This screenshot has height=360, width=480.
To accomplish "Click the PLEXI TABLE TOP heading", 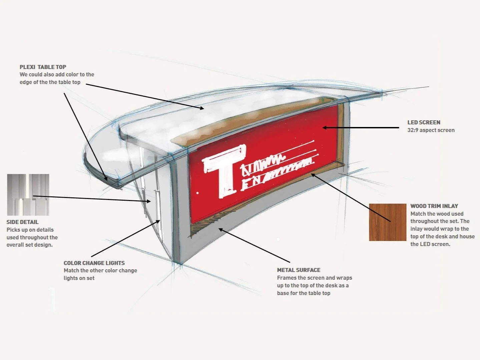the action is [43, 67].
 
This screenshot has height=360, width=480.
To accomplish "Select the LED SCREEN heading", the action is [424, 122].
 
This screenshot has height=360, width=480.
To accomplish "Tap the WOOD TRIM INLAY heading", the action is [434, 206].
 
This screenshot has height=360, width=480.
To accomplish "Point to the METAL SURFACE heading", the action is [299, 270].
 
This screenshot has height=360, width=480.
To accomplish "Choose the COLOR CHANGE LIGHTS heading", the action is [94, 263].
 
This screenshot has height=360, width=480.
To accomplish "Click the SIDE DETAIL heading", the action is [22, 222].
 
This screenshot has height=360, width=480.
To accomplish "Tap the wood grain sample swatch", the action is [387, 222].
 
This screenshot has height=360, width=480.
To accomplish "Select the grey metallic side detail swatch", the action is [28, 195].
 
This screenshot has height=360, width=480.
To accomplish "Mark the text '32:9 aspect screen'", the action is [431, 130].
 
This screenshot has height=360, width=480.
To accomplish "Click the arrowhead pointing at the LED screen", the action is [325, 127].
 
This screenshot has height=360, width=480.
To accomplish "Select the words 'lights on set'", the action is [79, 278].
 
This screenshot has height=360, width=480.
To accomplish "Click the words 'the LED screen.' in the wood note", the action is [430, 244].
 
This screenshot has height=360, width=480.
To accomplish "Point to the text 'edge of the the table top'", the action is [50, 82].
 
